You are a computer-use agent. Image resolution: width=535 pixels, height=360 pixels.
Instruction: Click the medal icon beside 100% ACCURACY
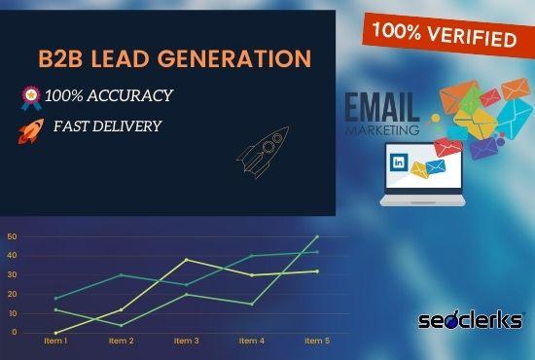coord(29,95)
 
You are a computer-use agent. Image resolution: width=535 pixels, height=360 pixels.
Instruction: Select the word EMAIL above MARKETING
coord(382,106)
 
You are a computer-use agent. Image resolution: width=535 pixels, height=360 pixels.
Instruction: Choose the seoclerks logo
coord(472,319)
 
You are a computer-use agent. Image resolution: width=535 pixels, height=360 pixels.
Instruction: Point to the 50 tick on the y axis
coord(12,236)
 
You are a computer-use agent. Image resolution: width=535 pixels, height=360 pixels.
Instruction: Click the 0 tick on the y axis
coord(15,332)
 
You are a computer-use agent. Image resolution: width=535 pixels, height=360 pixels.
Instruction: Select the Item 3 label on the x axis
coord(186,341)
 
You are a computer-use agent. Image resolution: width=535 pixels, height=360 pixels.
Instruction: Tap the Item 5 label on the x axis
coord(317,341)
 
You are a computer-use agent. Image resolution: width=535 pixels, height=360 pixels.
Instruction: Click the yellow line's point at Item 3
coord(186,260)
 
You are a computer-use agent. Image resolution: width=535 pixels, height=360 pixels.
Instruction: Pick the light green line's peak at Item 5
coord(317,236)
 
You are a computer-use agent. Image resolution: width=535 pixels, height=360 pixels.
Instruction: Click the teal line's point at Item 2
coord(121,274)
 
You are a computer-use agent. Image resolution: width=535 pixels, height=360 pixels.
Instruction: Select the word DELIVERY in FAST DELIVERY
coord(132,126)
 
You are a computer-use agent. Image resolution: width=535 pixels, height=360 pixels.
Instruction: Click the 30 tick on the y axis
coord(12,274)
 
